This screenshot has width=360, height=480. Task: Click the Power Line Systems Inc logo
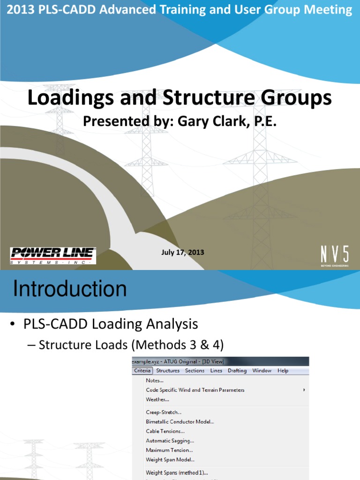[x=53, y=255]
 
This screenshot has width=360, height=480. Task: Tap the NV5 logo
[x=335, y=255]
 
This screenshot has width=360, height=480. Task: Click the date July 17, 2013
[x=182, y=252]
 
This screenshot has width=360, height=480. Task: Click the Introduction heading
[x=70, y=289]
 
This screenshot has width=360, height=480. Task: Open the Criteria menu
[x=142, y=371]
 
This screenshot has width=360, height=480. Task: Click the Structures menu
[x=168, y=371]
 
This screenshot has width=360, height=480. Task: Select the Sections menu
[x=195, y=371]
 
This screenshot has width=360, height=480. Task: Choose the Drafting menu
[x=237, y=371]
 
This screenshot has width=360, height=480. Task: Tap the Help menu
[x=283, y=371]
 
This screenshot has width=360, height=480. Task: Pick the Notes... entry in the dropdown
[x=155, y=381]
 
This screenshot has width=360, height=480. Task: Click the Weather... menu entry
[x=157, y=400]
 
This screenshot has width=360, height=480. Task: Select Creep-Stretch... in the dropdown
[x=164, y=412]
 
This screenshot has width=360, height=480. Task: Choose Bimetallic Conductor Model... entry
[x=180, y=422]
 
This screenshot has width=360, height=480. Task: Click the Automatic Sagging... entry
[x=170, y=441]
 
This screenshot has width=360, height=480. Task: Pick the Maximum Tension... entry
[x=169, y=450]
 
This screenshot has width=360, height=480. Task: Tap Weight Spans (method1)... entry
[x=177, y=473]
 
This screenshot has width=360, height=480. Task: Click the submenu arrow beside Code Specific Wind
[x=304, y=390]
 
